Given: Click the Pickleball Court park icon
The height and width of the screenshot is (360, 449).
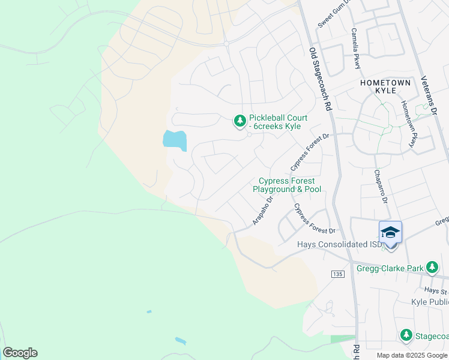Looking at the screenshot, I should tap(240, 122).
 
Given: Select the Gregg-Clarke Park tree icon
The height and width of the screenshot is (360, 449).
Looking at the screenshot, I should tap(431, 266).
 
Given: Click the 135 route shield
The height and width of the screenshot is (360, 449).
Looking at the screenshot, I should tap(337, 274).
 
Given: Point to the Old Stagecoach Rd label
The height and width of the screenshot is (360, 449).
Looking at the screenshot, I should tap(321, 79).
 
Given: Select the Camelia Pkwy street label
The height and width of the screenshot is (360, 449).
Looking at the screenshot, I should tap(356, 49).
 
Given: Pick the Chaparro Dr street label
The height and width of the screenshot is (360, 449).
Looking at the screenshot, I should tap(381, 185).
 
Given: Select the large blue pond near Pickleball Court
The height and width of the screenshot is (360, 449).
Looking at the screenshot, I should tap(174, 140).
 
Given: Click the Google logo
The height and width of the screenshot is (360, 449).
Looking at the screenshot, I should tap(20, 353).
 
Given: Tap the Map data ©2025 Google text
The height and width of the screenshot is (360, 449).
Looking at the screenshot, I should tap(412, 355).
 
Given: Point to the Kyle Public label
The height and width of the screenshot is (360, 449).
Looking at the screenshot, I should tap(430, 302).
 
